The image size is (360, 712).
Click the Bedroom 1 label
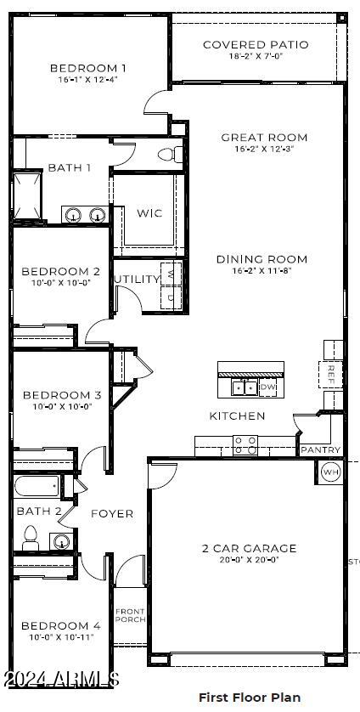coord(88,68)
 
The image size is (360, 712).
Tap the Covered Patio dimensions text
coord(256,56)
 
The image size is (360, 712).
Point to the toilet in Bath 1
coord(171,155)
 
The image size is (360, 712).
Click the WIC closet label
coord(149,213)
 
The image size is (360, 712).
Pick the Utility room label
coord(137,279)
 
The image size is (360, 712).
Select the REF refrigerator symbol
coord(332,372)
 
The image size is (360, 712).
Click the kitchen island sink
coord(245,388)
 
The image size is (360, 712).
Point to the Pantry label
coord(320,449)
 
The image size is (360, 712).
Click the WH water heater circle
coord(330,472)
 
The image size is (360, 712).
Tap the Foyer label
coord(112,513)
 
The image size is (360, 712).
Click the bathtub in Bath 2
coord(37,488)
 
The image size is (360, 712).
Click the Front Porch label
coord(131,615)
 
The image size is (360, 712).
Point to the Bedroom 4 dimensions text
coord(61,636)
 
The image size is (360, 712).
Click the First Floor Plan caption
coord(250,697)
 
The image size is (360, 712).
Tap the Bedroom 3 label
coord(62,395)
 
